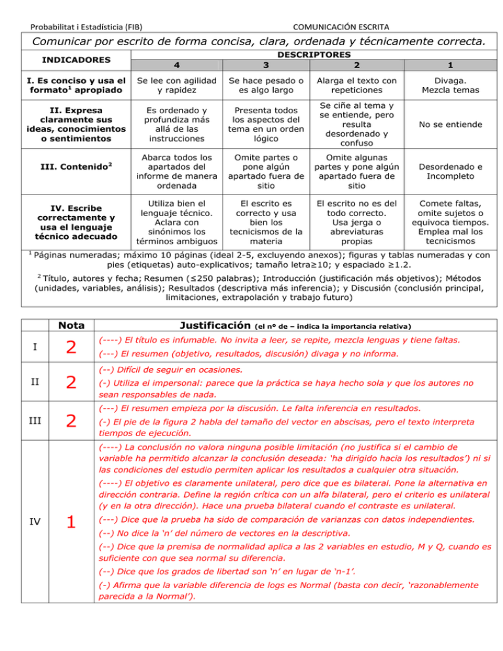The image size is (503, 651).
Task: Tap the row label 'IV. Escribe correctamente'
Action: coord(67,217)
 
